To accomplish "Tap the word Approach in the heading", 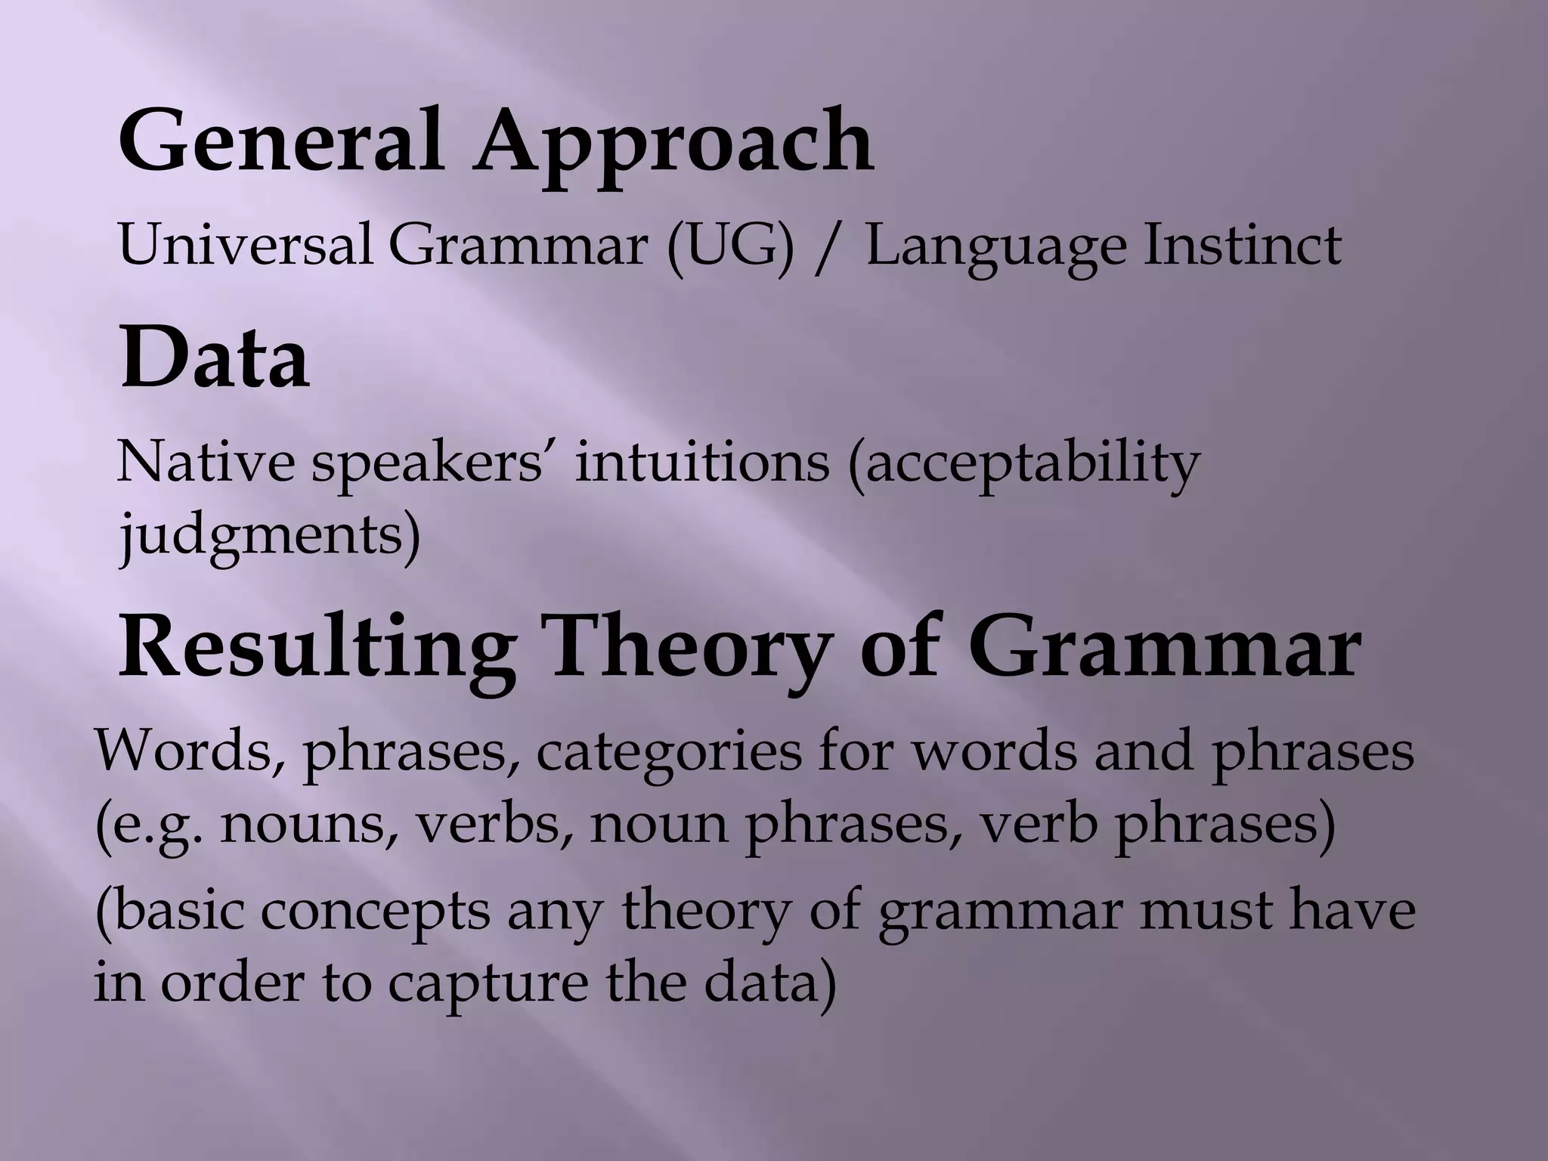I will point(673,144).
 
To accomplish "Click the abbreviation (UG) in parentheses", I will point(730,246).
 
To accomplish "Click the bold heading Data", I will point(214,358).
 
